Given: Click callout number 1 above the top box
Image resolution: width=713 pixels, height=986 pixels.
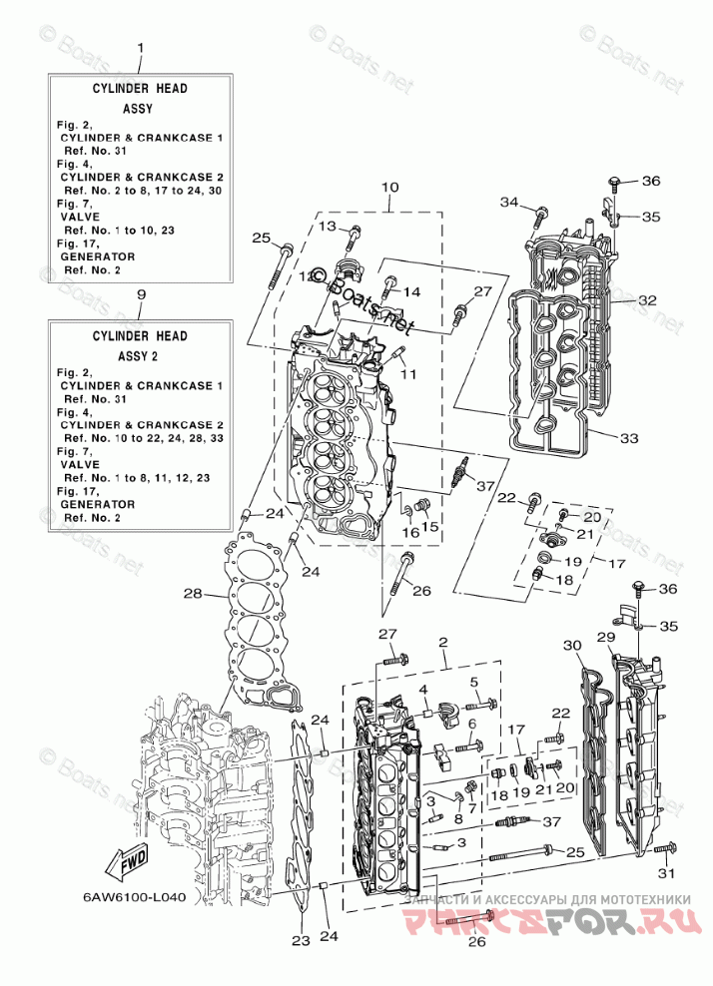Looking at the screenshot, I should coord(140,48).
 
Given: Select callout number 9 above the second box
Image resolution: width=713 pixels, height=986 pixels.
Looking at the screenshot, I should coord(140,295).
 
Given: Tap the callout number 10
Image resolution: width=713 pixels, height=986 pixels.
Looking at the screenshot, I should coord(389,187).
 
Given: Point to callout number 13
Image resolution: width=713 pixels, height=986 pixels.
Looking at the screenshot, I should coord(328,228).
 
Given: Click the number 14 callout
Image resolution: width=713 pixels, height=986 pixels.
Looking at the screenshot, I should coord(412,291).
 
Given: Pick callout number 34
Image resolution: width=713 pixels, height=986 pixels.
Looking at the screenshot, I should coord(509,204).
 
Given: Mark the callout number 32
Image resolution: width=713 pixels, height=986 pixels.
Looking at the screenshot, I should coord(647,299).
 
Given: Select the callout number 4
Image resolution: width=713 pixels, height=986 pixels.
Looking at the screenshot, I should coord(423,690).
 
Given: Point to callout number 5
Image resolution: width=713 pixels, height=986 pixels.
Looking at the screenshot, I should coord(475,683).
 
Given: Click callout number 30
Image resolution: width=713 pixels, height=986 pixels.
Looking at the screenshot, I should coord(570,646).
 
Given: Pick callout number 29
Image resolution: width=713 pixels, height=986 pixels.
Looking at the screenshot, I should coord(605,638).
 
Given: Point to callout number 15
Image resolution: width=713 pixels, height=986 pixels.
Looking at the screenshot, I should coord(429,527).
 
